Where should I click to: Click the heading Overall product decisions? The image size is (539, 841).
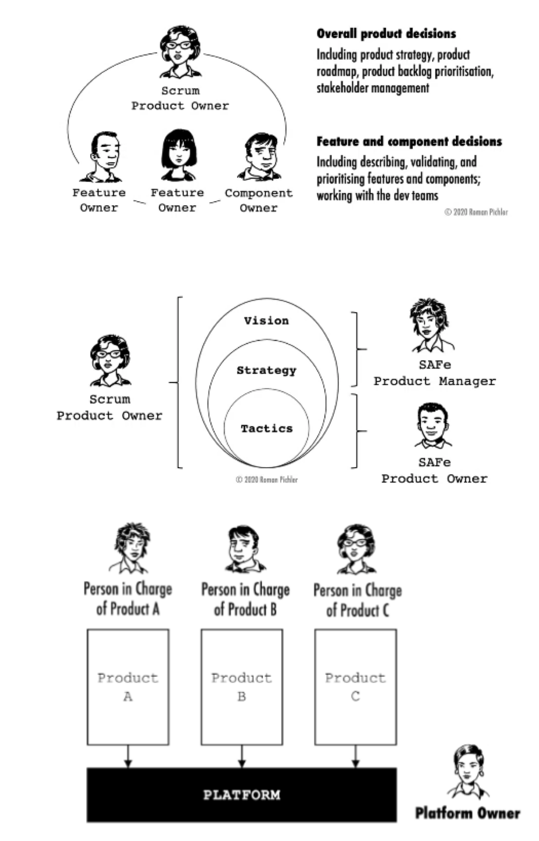tap(386, 34)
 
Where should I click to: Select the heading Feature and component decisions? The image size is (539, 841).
tap(409, 142)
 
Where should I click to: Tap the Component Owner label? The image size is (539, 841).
tap(259, 200)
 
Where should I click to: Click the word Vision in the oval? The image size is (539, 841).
tap(266, 321)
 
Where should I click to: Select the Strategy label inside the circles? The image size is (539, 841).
tap(266, 371)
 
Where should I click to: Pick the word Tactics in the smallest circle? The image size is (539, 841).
tap(266, 429)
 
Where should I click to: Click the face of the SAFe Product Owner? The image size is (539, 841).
tap(432, 423)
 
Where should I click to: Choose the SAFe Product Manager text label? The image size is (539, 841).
tap(435, 373)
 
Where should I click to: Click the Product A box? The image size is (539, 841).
tap(128, 687)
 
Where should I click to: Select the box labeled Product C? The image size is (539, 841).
tap(355, 687)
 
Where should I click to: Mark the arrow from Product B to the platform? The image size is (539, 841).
tap(242, 757)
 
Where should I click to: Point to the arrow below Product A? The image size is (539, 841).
tap(128, 757)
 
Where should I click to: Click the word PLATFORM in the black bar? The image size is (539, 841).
tap(242, 795)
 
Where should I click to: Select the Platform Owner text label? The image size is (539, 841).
tap(468, 813)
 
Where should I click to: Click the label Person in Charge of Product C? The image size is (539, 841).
tap(358, 600)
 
